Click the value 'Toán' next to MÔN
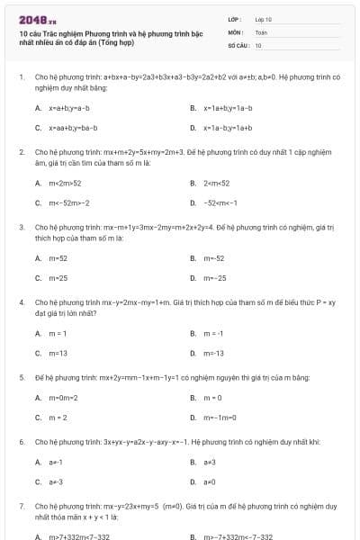point(261,31)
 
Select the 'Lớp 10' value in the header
point(264,19)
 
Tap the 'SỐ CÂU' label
point(238,44)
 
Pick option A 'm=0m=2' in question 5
point(63,397)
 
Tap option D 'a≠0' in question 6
point(210,481)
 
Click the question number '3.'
point(22,228)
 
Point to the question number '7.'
point(22,507)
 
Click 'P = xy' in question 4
point(328,303)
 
